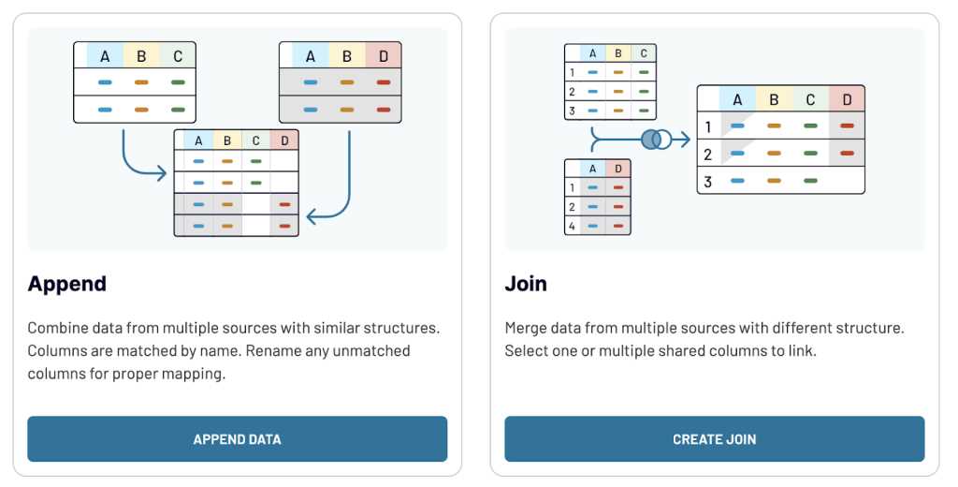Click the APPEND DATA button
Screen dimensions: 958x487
237,438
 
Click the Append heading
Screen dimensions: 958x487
67,285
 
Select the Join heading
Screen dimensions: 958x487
526,284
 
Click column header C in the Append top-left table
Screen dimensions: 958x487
178,55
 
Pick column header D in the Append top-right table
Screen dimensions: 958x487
383,55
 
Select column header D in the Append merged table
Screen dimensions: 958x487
284,140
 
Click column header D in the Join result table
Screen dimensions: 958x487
847,99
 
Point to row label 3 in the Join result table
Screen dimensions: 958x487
707,182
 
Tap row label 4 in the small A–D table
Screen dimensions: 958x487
572,226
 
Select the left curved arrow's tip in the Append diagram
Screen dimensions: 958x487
165,173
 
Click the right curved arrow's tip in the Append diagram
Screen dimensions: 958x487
309,216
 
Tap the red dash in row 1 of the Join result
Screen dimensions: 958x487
847,126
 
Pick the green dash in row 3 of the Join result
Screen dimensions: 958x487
810,181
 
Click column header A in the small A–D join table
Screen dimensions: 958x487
592,169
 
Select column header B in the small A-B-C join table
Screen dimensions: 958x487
618,53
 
